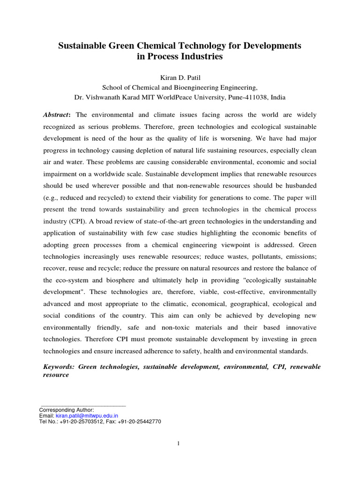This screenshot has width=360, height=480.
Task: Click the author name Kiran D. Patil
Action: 180,76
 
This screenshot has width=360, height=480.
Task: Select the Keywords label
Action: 59,367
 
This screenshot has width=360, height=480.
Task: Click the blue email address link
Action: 87,415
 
